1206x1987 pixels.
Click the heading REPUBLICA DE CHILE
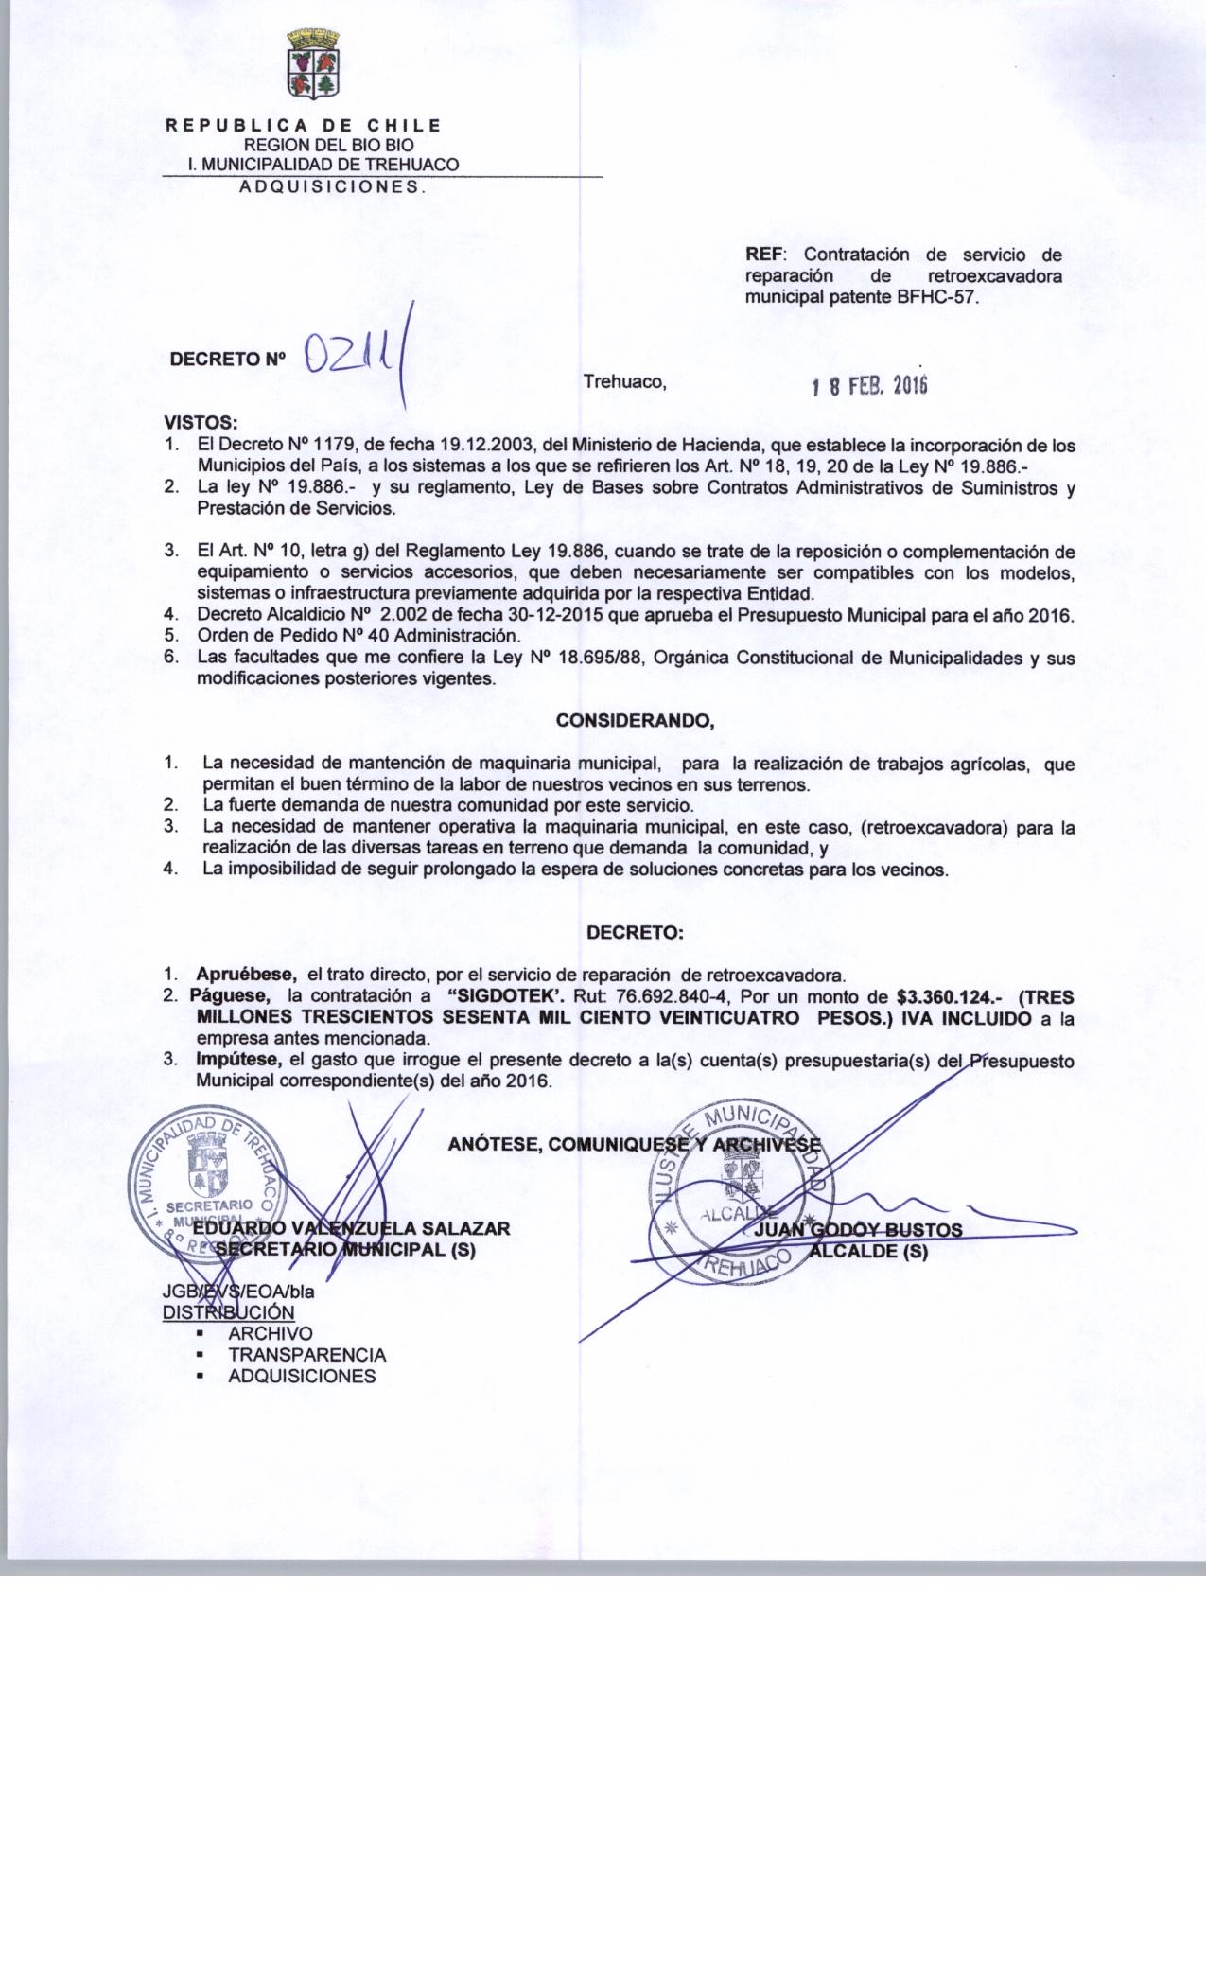coord(304,126)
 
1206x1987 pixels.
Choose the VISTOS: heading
coord(201,422)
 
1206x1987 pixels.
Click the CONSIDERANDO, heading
coord(635,721)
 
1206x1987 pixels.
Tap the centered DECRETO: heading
coord(635,933)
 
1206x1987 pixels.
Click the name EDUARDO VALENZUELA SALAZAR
coord(351,1228)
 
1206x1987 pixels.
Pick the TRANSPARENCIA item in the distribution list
coord(306,1355)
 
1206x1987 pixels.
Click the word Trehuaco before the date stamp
coord(625,383)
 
